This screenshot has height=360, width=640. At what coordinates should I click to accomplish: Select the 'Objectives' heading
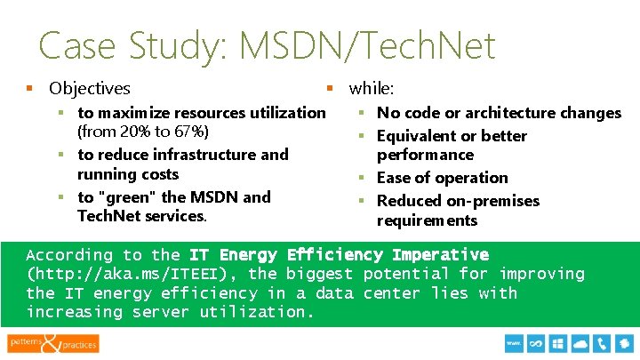(90, 89)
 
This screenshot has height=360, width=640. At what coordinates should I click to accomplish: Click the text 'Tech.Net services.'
(142, 217)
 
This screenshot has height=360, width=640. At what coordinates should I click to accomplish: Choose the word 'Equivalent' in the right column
(416, 136)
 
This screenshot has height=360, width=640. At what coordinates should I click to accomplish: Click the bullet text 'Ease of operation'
(442, 178)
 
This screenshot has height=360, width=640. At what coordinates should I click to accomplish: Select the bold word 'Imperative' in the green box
(442, 255)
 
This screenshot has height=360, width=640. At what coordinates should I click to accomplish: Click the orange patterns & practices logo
(53, 342)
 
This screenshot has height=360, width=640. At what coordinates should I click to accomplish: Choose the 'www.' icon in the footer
(513, 342)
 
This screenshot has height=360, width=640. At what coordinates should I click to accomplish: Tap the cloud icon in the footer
(582, 342)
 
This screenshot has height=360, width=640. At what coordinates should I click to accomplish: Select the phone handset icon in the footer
(604, 342)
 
